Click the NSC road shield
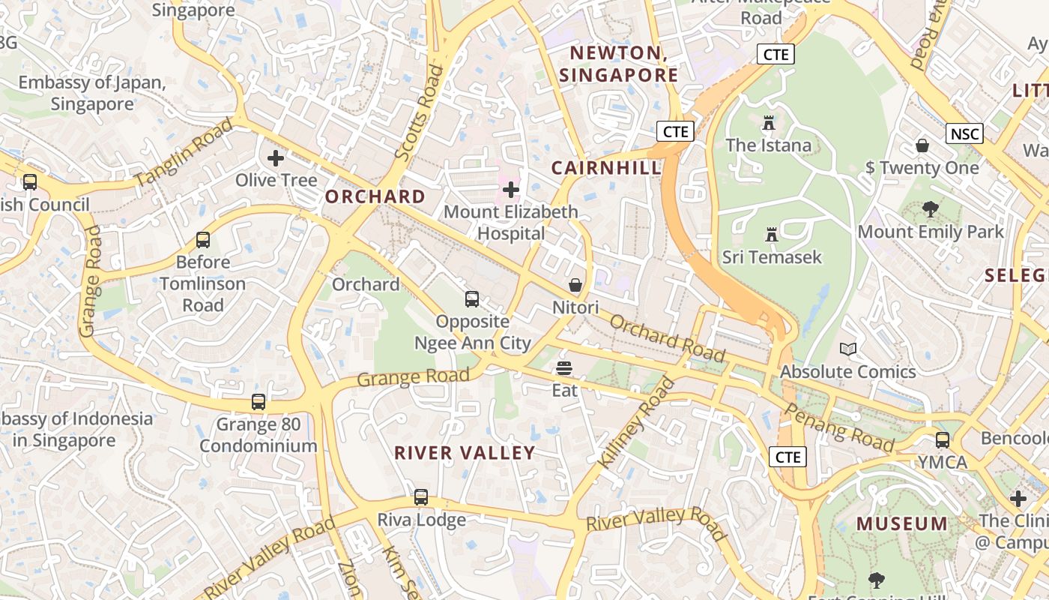point(964,134)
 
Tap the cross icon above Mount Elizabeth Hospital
point(511,190)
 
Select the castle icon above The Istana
point(768,123)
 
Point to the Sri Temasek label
point(772,257)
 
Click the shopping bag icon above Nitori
point(575,286)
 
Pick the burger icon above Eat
point(564,368)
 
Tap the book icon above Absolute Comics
point(847,349)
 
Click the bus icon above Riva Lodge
point(421,497)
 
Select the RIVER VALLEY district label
point(465,453)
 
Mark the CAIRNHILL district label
point(607,168)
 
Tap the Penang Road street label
point(839,428)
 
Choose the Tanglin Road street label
point(184,152)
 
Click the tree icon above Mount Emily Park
point(930,209)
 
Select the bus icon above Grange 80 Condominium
point(259,402)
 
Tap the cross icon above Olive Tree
point(276,158)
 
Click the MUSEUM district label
point(902,524)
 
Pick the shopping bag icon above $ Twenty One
point(922,145)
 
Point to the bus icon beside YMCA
point(943,440)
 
